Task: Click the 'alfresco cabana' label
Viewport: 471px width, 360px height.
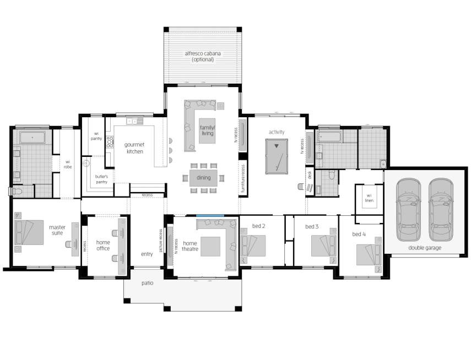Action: pos(203,53)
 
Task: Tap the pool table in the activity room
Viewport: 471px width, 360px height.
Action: pos(277,156)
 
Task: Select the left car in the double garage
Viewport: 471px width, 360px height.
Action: pos(408,210)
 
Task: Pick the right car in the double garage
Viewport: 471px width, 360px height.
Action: pos(441,210)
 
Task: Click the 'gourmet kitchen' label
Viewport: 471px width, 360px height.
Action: pos(134,148)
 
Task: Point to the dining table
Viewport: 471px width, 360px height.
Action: pos(203,178)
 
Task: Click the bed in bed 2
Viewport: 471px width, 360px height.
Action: pos(253,246)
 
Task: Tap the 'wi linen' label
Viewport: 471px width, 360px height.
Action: pos(369,198)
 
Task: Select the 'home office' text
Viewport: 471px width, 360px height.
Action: pos(103,246)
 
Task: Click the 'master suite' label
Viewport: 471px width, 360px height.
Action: pos(57,230)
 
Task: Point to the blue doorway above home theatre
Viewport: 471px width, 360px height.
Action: pos(210,215)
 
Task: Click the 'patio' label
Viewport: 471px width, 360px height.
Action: pos(148,283)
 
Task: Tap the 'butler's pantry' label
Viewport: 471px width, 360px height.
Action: pos(101,179)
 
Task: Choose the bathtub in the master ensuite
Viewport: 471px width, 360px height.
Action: pos(33,138)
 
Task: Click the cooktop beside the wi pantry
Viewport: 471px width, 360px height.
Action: pos(110,142)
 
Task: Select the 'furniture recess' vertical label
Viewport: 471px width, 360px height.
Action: pos(243,179)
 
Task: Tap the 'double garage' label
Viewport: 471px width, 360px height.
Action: pos(425,248)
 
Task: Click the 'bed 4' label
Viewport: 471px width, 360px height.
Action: pos(359,234)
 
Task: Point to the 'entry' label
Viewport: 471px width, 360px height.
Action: pos(147,254)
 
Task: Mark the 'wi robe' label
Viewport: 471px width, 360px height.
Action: pos(68,164)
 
